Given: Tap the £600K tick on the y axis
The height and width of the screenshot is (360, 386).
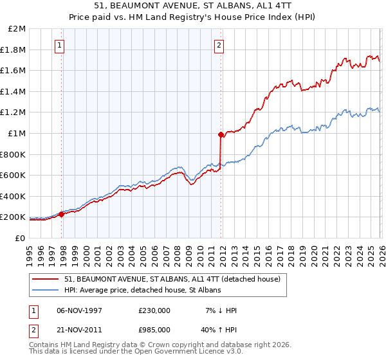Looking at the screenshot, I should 13,175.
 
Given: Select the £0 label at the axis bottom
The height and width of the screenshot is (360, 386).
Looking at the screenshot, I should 20,238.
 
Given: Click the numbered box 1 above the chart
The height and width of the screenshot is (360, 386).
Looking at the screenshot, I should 59,45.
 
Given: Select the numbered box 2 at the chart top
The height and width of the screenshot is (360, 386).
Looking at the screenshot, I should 219,45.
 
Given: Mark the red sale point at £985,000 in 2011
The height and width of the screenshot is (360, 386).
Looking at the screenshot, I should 221,135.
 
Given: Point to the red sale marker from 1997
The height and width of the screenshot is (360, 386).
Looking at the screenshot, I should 62,214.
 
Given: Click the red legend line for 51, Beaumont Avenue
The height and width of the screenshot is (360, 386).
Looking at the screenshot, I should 46,280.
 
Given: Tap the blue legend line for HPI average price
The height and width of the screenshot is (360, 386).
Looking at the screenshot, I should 46,291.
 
